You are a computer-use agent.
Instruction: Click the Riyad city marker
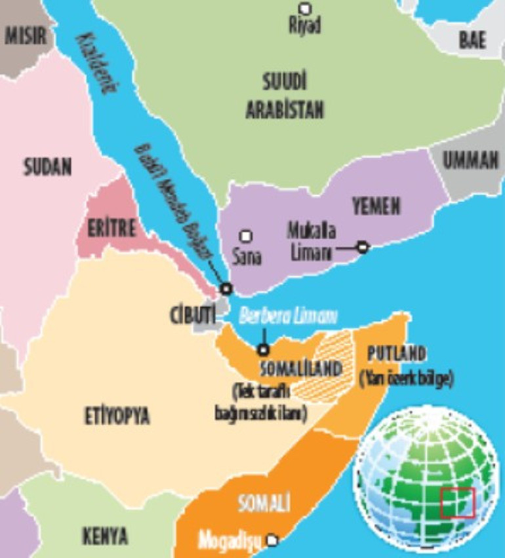pos(305,9)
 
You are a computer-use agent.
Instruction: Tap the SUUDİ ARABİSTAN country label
pos(285,96)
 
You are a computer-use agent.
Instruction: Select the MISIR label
pos(27,35)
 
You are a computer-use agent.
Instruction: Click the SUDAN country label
pos(47,167)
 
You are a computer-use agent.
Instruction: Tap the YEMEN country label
pos(376,207)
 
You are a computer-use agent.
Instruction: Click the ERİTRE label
pos(112,228)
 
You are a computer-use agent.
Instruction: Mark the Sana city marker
pos(246,236)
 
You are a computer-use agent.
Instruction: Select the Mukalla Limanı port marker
pos(362,247)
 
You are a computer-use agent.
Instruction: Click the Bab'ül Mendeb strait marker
pos(226,288)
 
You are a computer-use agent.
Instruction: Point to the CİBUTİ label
pos(193,315)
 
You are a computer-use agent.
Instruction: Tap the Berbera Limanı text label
pos(288,316)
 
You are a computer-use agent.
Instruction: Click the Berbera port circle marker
pos(264,350)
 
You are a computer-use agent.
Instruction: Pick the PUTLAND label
pos(396,354)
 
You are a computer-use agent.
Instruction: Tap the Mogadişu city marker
pos(272,540)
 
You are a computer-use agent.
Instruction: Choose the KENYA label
pos(105,536)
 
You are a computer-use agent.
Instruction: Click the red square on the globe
pos(457,503)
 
